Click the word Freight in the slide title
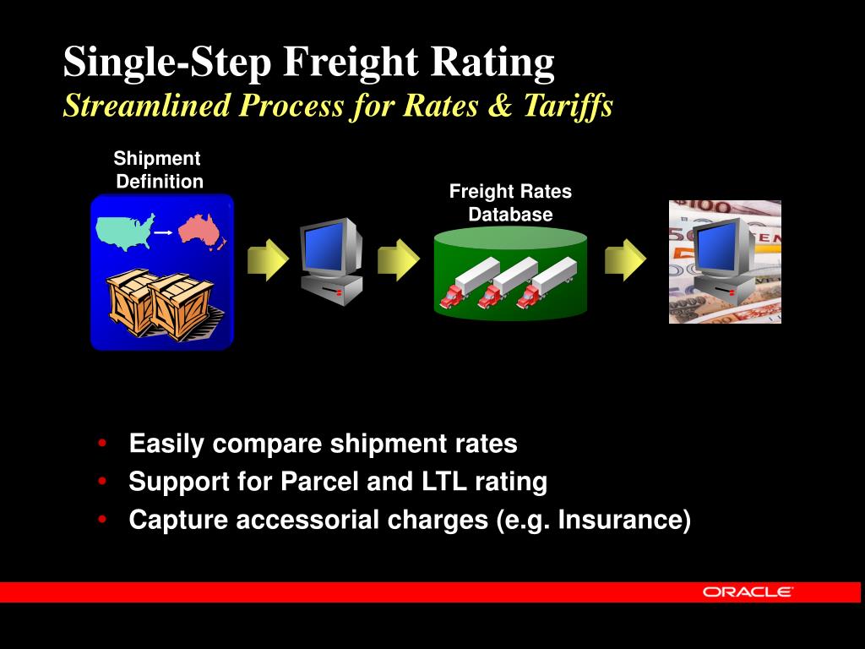point(353,63)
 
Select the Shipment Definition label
point(158,170)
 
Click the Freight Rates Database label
point(510,203)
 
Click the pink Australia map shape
point(201,230)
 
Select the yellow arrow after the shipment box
point(268,260)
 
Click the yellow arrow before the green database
point(398,260)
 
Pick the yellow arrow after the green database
point(625,260)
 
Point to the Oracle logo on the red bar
point(748,592)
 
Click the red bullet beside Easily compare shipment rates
point(102,444)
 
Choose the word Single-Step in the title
point(169,63)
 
